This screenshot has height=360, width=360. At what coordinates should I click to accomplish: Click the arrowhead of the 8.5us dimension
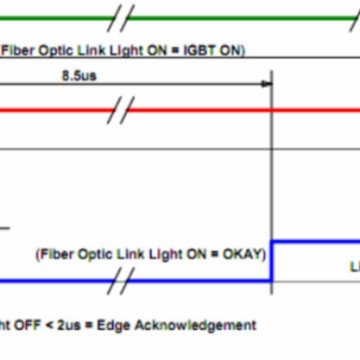[266, 86]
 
